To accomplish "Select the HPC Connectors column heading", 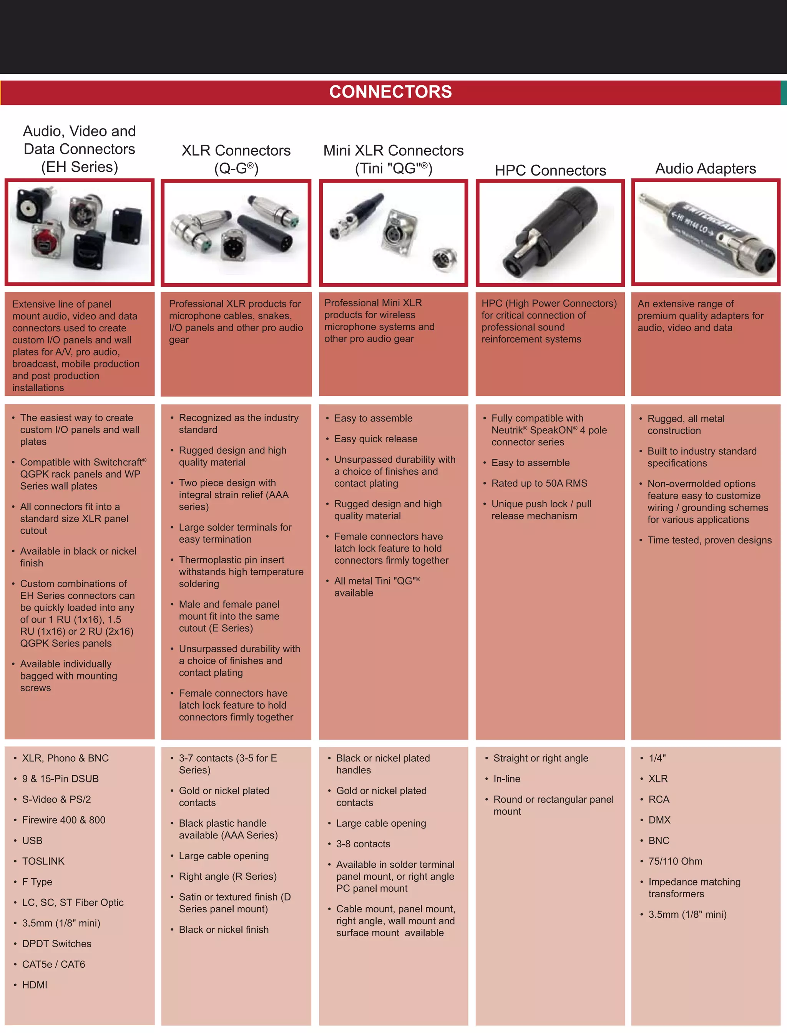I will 550,171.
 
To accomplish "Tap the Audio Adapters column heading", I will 705,169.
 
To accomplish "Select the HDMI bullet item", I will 35,985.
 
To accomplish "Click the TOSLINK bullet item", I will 43,861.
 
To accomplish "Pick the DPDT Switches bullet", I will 57,943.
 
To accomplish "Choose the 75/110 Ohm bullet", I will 675,861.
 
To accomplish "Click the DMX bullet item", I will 659,820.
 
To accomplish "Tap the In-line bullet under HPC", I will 506,779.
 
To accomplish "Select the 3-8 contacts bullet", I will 363,844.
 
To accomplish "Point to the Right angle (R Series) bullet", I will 227,876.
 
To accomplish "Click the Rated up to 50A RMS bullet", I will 539,483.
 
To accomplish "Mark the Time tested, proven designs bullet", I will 709,540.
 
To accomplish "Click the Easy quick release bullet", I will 376,439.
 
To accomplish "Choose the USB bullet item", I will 32,840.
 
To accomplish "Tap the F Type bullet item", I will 37,882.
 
